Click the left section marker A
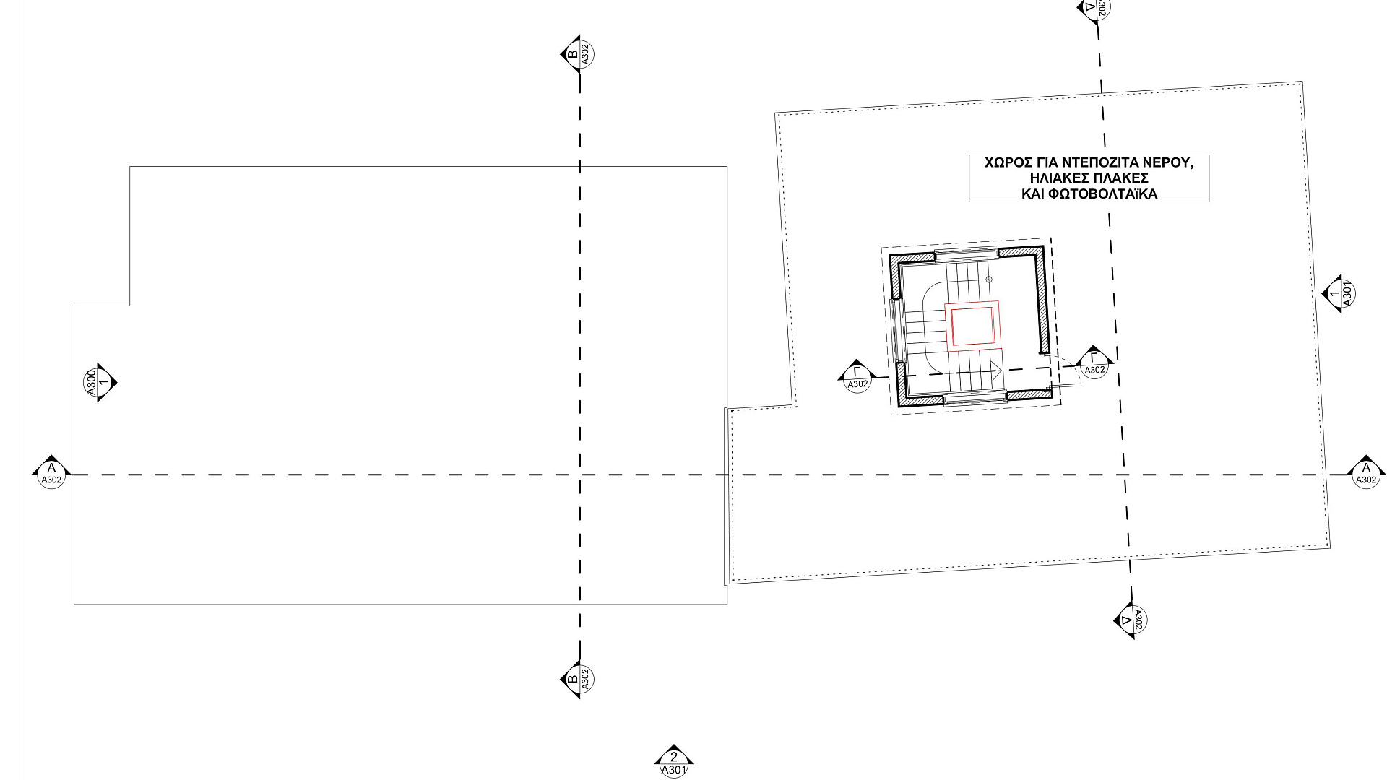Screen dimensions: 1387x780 point(51,472)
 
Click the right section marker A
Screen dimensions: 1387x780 point(1365,472)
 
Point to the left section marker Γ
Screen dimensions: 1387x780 point(857,376)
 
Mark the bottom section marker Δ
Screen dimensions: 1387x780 point(1131,620)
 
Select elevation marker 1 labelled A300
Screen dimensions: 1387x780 point(99,382)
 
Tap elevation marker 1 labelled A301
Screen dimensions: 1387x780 point(1339,293)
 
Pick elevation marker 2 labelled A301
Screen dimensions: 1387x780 point(673,761)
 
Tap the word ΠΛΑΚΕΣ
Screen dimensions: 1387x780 point(1123,178)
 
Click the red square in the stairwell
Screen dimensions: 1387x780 point(972,326)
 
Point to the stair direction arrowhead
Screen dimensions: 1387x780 point(998,371)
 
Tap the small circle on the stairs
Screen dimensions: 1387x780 point(989,279)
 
